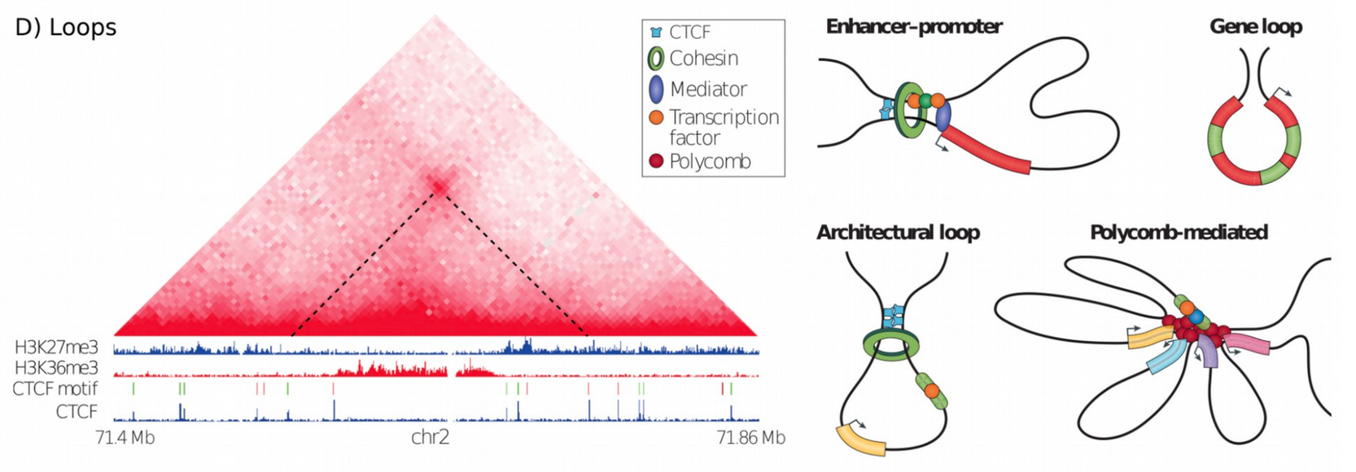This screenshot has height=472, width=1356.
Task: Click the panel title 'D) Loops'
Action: coord(65,28)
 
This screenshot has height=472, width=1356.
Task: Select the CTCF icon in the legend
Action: coord(655,32)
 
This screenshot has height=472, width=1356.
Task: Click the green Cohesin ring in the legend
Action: coord(656,59)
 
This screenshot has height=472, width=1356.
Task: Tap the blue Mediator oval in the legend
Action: coord(656,89)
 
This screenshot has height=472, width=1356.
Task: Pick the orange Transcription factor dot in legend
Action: coord(656,117)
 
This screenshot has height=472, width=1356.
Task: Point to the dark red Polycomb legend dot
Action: coord(656,162)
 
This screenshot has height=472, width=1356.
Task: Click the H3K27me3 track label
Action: coord(56,347)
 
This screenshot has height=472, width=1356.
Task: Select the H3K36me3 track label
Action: coord(56,368)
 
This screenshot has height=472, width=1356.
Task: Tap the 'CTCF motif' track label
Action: coord(55,388)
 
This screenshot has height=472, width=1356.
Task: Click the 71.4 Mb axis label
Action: coord(125,437)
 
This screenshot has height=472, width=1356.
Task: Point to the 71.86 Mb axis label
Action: coord(751,437)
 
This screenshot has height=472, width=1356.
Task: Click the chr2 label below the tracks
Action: coord(431,437)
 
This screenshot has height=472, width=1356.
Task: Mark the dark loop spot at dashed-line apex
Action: coord(437,186)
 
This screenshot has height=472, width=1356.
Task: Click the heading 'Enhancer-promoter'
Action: coord(914,27)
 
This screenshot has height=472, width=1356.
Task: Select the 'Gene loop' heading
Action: coord(1256,27)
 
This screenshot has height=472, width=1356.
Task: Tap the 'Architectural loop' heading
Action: coord(899,233)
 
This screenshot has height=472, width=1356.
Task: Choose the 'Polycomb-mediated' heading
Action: coord(1179,233)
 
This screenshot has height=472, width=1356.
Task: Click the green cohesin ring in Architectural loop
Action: coord(890,351)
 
